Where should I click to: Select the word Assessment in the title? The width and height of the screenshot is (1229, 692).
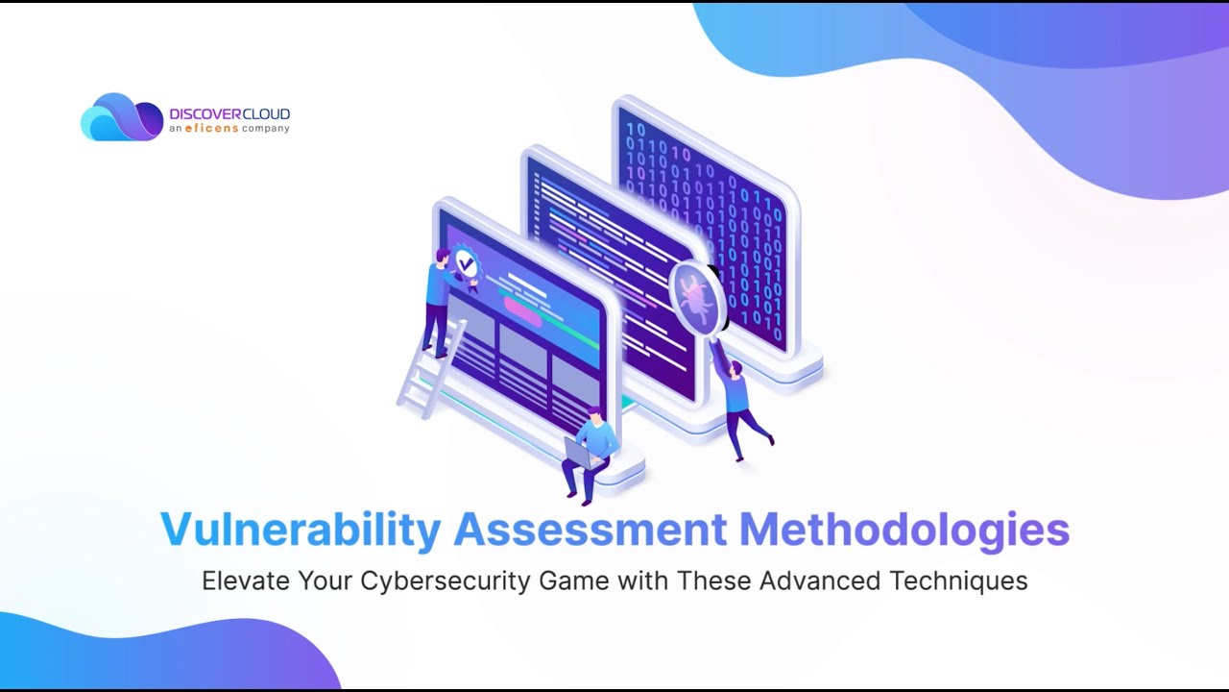pos(590,531)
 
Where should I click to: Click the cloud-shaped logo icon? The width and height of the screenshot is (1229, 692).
pos(121,117)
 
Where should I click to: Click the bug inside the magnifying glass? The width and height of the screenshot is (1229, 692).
pos(694,298)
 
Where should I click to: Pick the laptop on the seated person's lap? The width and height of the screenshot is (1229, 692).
pos(581,454)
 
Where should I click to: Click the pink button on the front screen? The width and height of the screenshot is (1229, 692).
pos(523,309)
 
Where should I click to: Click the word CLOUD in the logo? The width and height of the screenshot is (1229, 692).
pos(266,114)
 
